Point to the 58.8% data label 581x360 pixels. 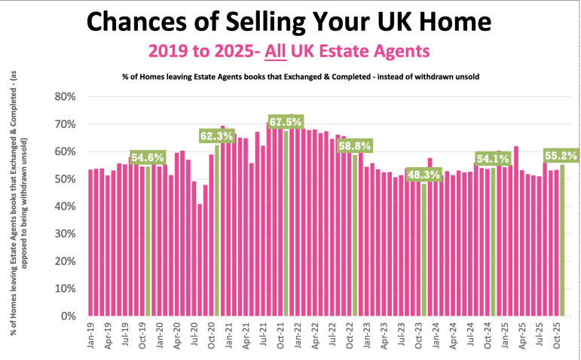click(x=355, y=147)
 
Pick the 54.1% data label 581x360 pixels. click(x=493, y=160)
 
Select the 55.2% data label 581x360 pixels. click(x=561, y=157)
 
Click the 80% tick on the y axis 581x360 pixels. click(x=66, y=97)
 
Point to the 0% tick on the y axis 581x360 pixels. click(x=69, y=316)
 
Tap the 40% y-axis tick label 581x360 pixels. click(x=66, y=206)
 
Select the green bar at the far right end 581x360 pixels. click(x=562, y=241)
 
